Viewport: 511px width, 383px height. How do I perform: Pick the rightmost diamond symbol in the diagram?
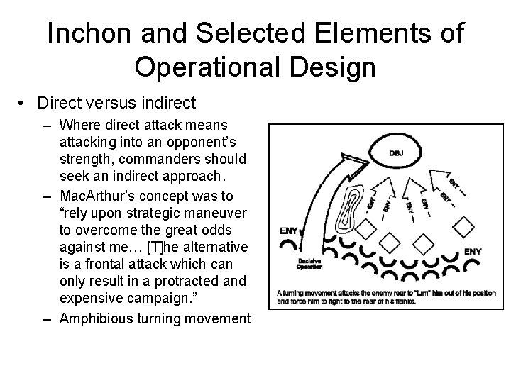(x=462, y=227)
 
